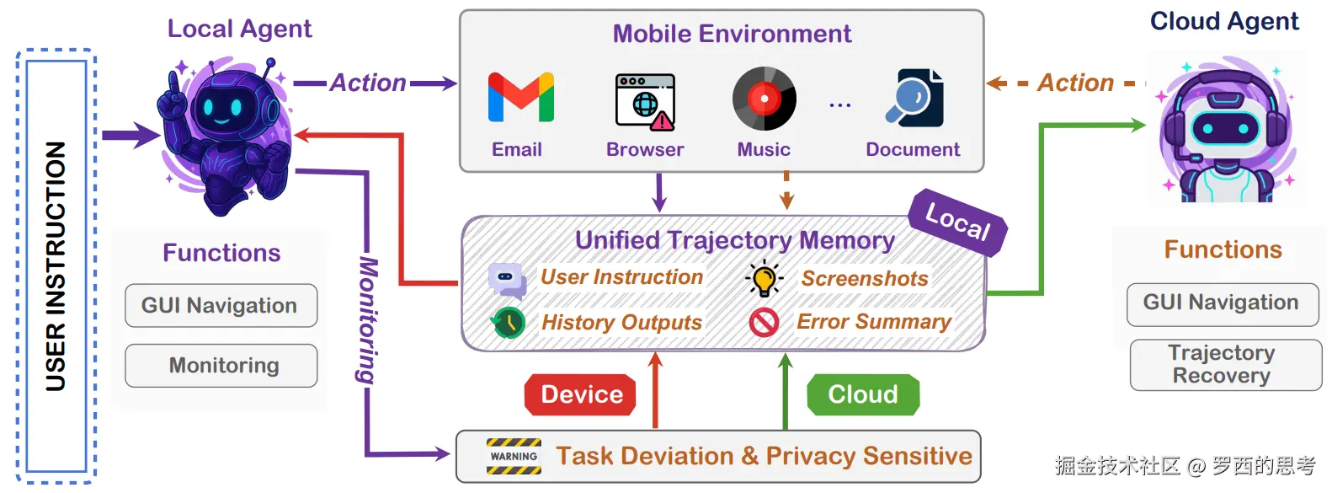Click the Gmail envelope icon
click(x=521, y=97)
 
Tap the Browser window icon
click(x=645, y=101)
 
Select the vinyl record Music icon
click(x=765, y=99)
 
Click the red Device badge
click(x=580, y=394)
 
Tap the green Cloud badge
click(x=863, y=394)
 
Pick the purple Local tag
click(x=958, y=222)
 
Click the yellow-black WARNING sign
click(x=514, y=456)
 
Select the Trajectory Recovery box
click(x=1226, y=364)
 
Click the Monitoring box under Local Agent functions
click(x=221, y=366)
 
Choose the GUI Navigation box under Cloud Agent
click(x=1223, y=304)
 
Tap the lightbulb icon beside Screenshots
click(x=765, y=278)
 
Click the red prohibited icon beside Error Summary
click(x=765, y=323)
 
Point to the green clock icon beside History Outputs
click(x=508, y=323)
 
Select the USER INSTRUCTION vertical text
click(x=56, y=266)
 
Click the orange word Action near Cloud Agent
click(x=1076, y=83)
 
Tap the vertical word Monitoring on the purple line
click(x=367, y=319)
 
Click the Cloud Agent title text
click(x=1224, y=21)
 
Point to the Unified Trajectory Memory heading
click(x=735, y=240)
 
